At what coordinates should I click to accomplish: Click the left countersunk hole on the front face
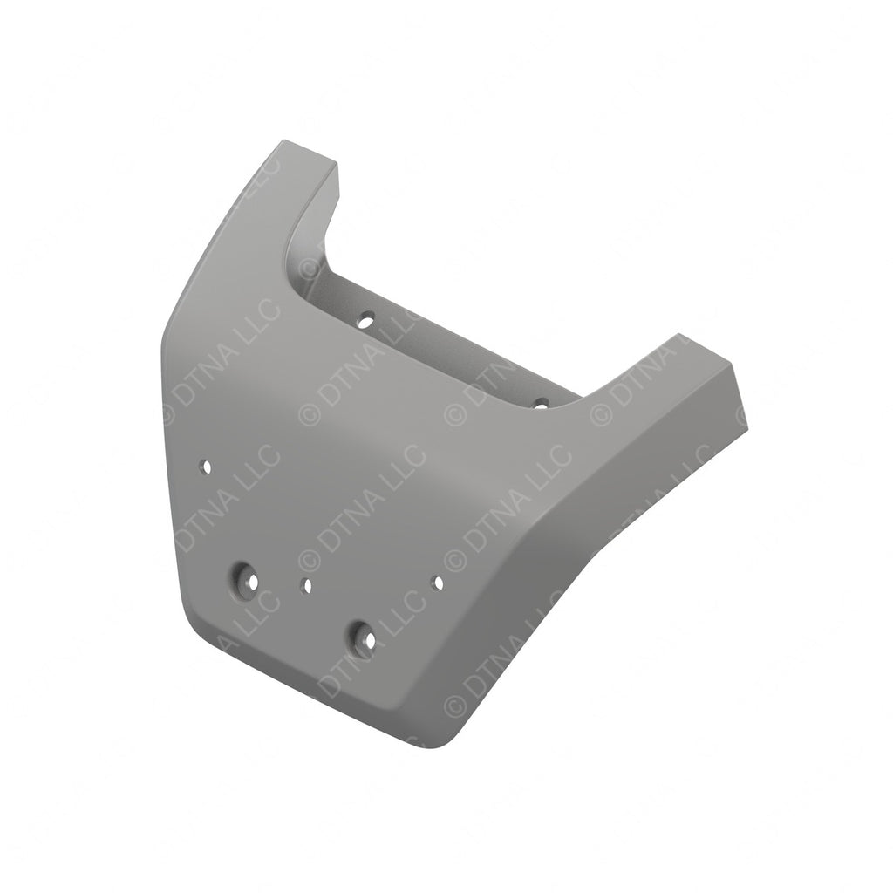tap(243, 580)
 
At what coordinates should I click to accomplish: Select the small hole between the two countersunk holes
tap(306, 586)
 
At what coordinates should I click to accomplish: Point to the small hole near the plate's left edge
tap(207, 467)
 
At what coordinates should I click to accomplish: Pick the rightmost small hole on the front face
tap(438, 581)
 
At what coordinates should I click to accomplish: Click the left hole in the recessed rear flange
tap(367, 319)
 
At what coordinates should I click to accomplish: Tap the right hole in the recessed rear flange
tap(541, 403)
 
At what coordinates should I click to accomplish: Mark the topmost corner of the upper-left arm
tap(281, 140)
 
